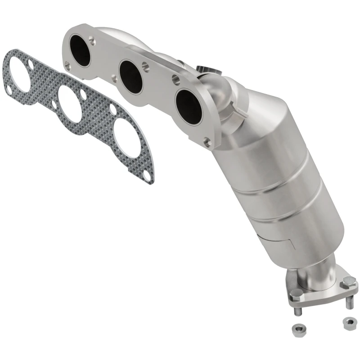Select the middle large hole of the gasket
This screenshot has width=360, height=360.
tap(70, 103)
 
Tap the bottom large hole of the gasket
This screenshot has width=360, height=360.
tap(127, 139)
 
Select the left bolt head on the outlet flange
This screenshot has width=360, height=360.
tap(296, 295)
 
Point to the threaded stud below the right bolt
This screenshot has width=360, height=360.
tap(350, 301)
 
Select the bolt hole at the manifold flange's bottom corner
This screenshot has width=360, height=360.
tap(207, 143)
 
